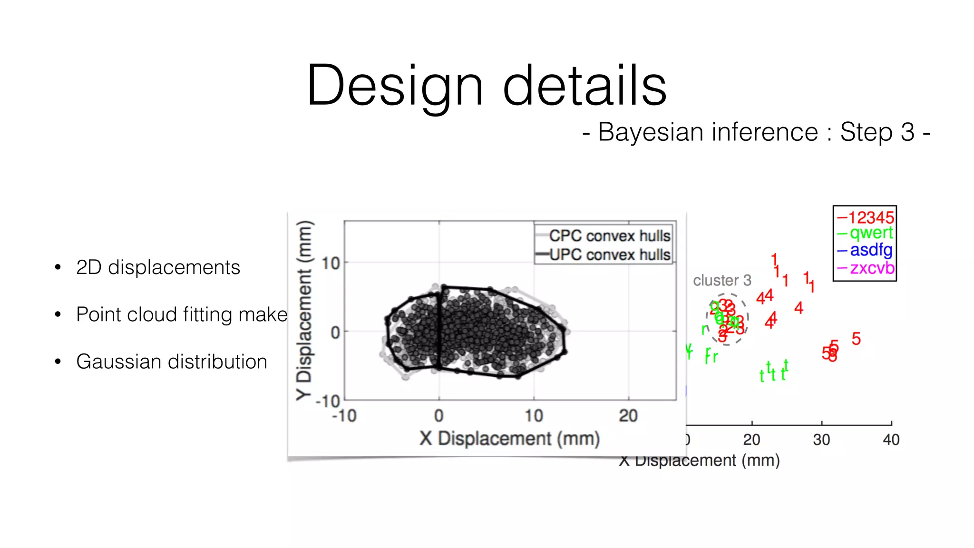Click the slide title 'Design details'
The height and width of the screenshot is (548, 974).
click(486, 86)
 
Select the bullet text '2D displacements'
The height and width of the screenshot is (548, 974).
click(158, 267)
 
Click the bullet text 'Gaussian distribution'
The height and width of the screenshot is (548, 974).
click(171, 362)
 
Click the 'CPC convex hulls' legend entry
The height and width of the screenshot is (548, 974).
click(609, 236)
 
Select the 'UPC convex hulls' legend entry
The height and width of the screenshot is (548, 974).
click(609, 255)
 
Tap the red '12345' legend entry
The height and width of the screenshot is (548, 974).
click(871, 217)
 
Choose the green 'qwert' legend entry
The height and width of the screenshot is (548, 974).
click(871, 233)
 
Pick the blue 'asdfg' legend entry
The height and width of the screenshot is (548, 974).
click(871, 250)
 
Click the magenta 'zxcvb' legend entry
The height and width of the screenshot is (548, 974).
click(872, 268)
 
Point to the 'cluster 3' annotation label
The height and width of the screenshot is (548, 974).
click(721, 280)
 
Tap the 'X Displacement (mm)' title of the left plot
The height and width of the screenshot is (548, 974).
click(509, 438)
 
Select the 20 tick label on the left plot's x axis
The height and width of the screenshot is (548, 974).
click(628, 416)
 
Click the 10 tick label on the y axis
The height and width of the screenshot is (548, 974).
click(331, 263)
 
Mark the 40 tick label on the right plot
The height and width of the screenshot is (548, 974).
click(891, 440)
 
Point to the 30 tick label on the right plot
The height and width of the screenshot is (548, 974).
click(821, 440)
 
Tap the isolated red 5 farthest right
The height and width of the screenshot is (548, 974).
click(856, 339)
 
